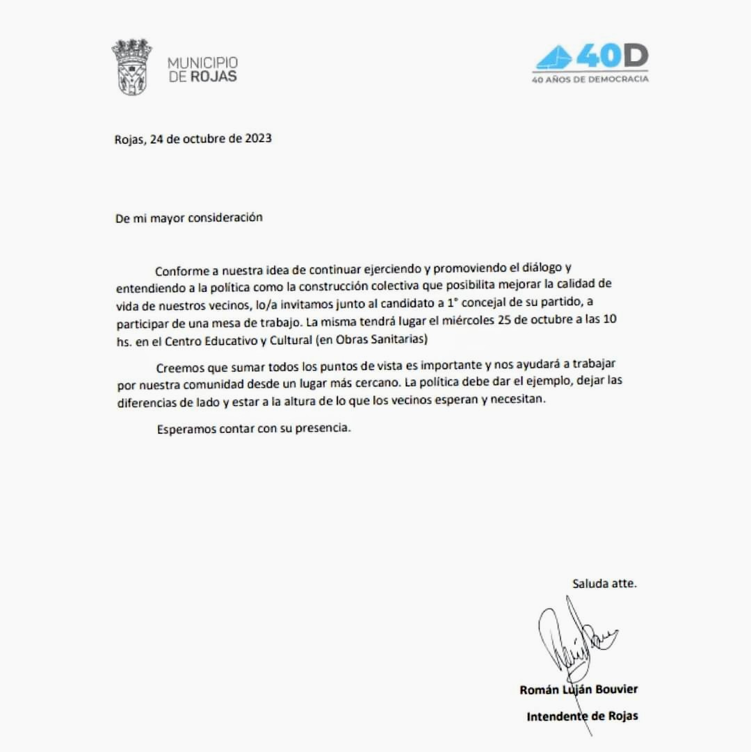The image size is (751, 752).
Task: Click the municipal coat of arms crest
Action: [x=131, y=67]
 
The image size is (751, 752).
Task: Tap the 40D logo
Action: [x=591, y=57]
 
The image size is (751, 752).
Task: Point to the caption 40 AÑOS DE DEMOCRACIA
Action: [x=590, y=79]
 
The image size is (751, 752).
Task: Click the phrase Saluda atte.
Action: [x=604, y=584]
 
